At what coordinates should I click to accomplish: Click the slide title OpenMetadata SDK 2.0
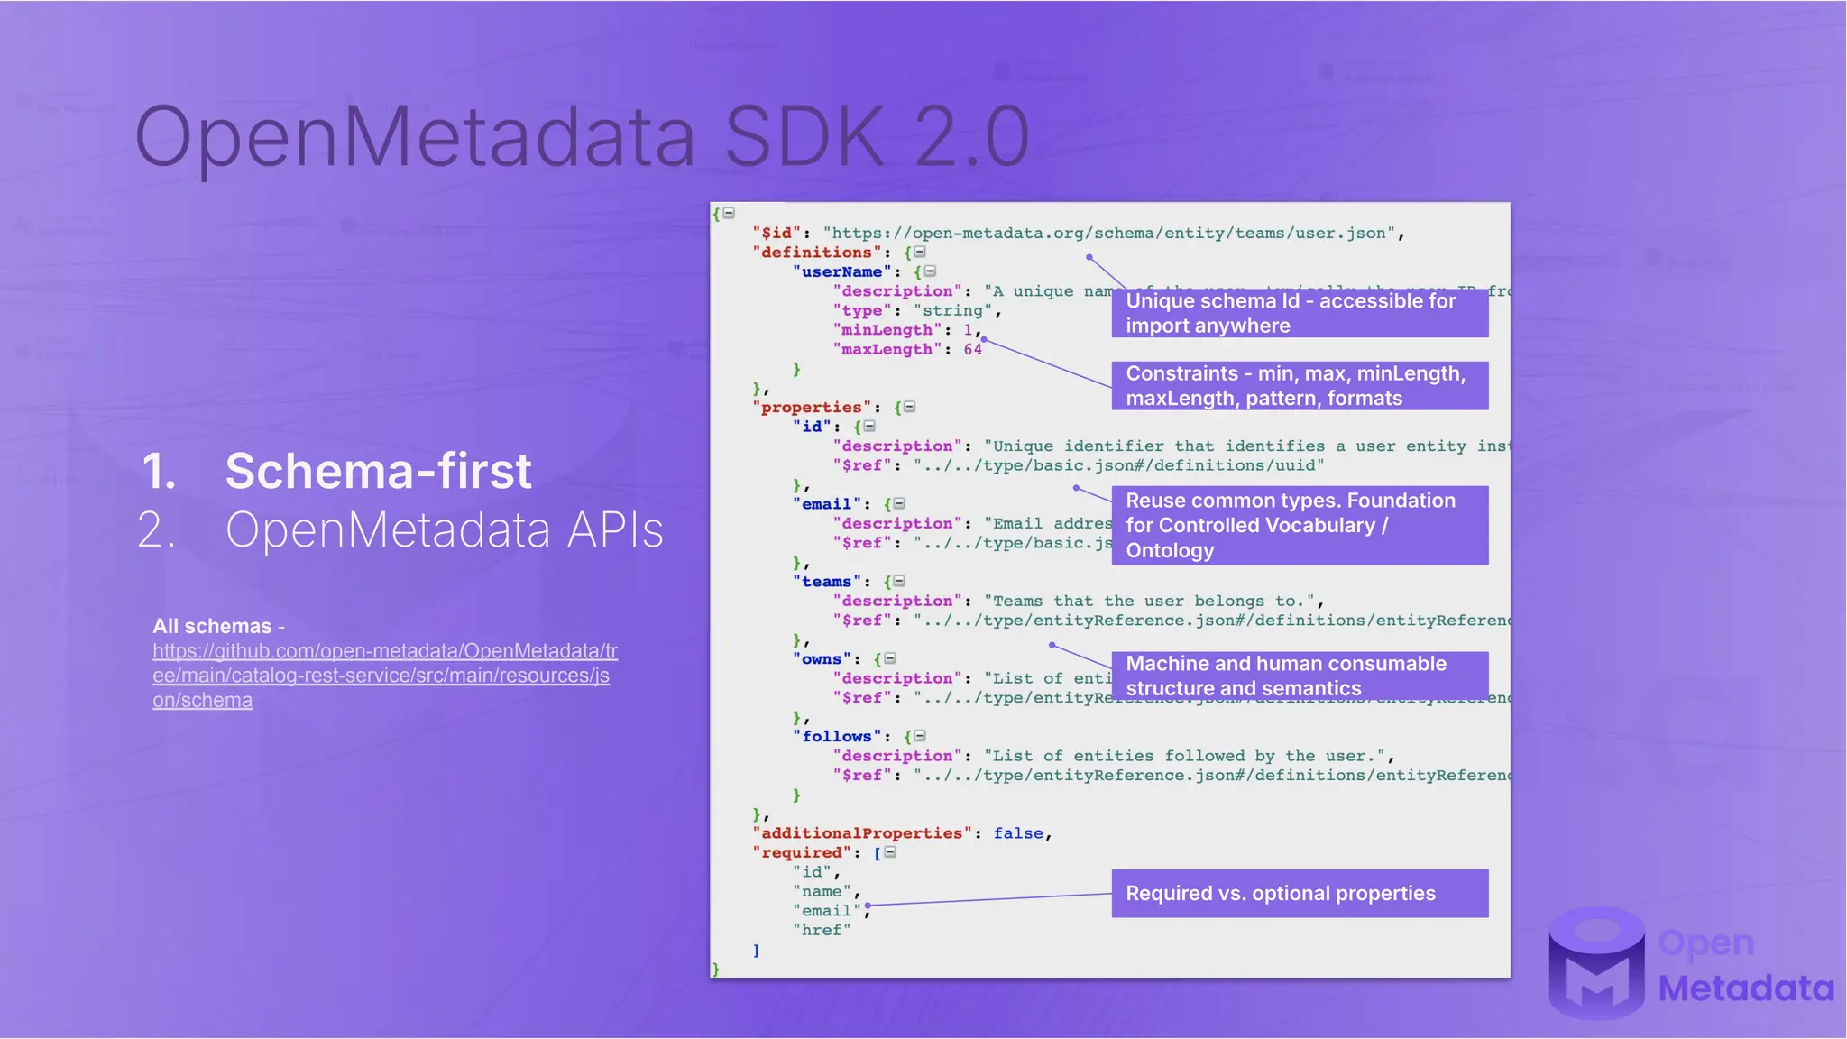582,137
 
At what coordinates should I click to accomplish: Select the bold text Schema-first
378,471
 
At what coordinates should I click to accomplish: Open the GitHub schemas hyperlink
384,676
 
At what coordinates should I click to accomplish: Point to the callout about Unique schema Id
1299,313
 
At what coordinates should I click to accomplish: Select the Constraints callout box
1299,386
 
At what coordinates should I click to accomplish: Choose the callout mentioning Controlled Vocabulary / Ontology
1299,525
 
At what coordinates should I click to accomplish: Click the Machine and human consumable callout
1299,676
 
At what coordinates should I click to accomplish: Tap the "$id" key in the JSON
776,234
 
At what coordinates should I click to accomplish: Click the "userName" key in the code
841,272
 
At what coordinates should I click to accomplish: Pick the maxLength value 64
972,350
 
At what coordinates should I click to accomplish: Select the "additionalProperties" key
861,833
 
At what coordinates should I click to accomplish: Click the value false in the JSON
1018,833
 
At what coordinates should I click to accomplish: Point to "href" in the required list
821,931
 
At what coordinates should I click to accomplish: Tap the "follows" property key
836,737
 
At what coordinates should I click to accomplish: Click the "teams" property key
826,582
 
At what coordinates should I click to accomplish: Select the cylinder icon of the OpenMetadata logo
1596,962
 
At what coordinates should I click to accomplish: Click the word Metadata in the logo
1745,989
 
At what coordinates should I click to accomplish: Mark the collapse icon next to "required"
890,852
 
